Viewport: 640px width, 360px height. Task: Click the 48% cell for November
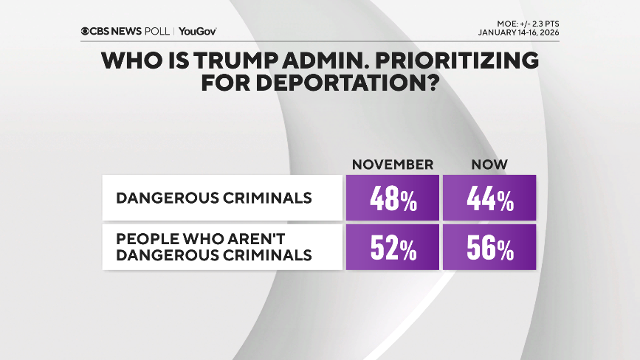click(x=392, y=198)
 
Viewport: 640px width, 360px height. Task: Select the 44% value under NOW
click(x=489, y=198)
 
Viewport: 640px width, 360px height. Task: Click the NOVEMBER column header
click(x=392, y=164)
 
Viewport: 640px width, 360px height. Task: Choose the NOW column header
click(x=489, y=164)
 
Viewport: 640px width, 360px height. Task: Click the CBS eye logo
click(x=86, y=32)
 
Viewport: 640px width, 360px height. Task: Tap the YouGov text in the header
click(x=197, y=32)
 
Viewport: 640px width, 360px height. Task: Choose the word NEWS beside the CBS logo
click(x=125, y=32)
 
